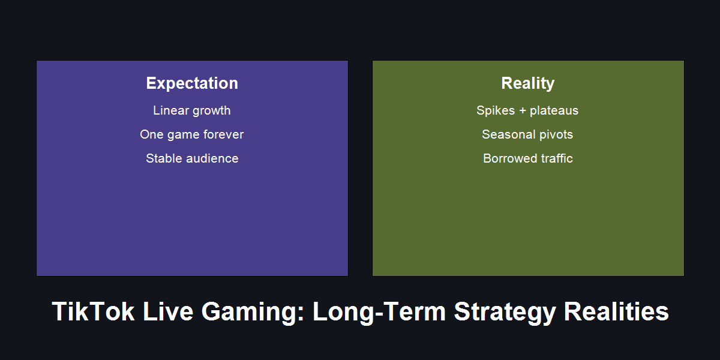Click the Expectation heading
[x=192, y=83]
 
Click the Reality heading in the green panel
[x=527, y=83]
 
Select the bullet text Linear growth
[x=192, y=110]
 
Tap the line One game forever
[x=192, y=134]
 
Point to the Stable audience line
[x=192, y=158]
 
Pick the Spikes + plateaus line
[x=527, y=110]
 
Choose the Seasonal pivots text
[x=527, y=134]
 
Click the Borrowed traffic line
[x=527, y=158]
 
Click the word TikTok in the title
[x=93, y=312]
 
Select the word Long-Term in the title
[x=379, y=312]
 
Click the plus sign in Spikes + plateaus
[x=522, y=111]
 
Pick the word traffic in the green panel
[x=554, y=158]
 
